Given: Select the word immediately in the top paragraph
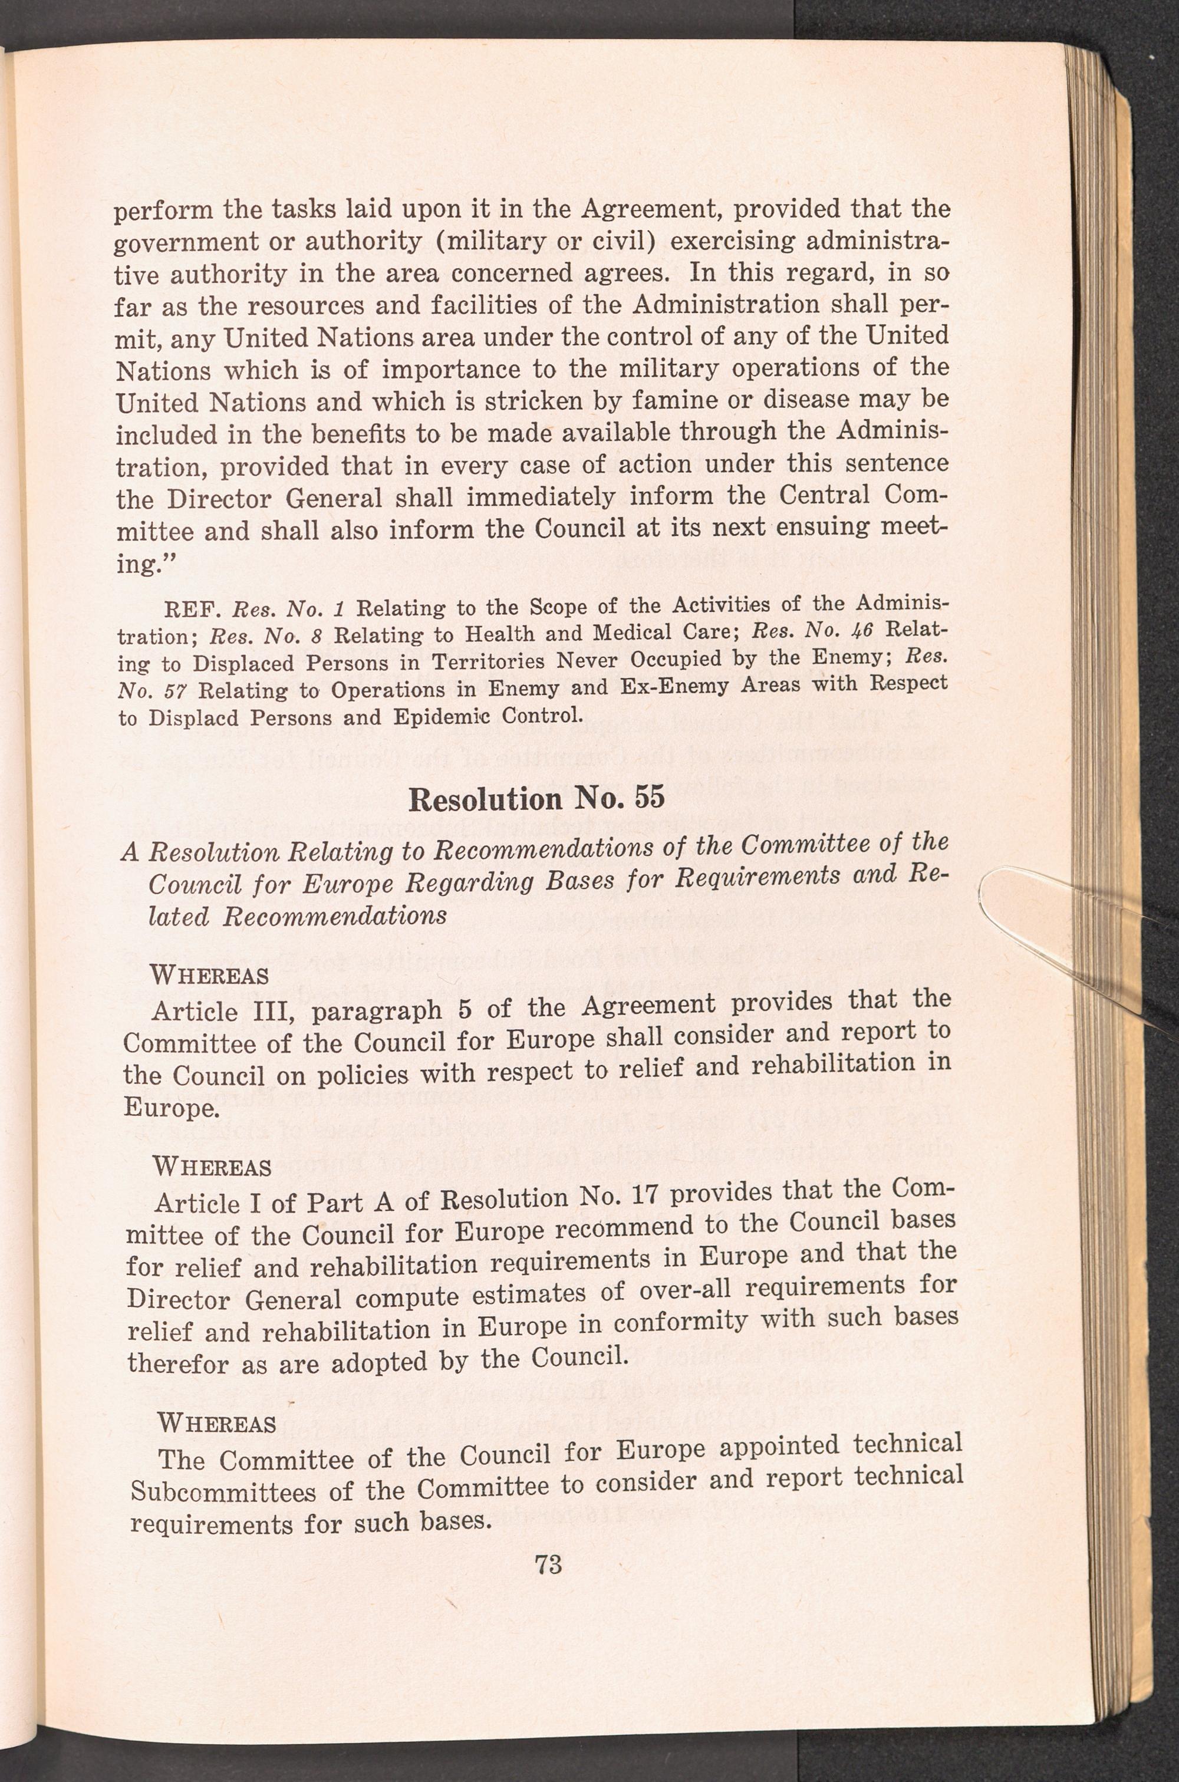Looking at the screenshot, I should coord(540,497).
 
